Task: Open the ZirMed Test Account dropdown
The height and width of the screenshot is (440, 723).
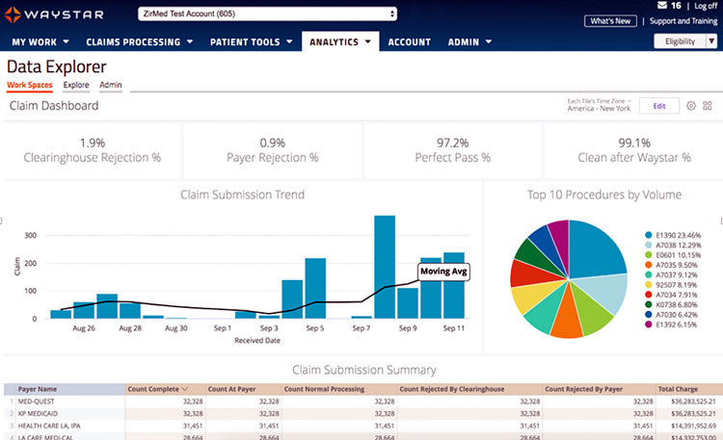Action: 267,13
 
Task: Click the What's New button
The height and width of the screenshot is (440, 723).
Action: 610,20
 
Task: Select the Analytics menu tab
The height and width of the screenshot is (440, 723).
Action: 341,42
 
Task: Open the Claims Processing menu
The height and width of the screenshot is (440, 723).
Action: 140,42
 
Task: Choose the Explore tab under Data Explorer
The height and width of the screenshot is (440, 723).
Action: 76,86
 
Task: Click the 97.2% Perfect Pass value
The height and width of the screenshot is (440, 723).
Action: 452,142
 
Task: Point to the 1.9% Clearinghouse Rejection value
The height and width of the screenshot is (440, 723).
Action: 93,142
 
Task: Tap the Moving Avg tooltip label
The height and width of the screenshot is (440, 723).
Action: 442,272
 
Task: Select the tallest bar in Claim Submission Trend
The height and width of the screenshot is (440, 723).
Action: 385,266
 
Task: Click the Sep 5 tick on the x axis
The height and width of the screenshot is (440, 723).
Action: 315,328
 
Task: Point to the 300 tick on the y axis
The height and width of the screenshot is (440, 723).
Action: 30,235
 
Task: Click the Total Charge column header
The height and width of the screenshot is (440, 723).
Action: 679,388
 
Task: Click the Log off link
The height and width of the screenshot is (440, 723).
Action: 705,6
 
